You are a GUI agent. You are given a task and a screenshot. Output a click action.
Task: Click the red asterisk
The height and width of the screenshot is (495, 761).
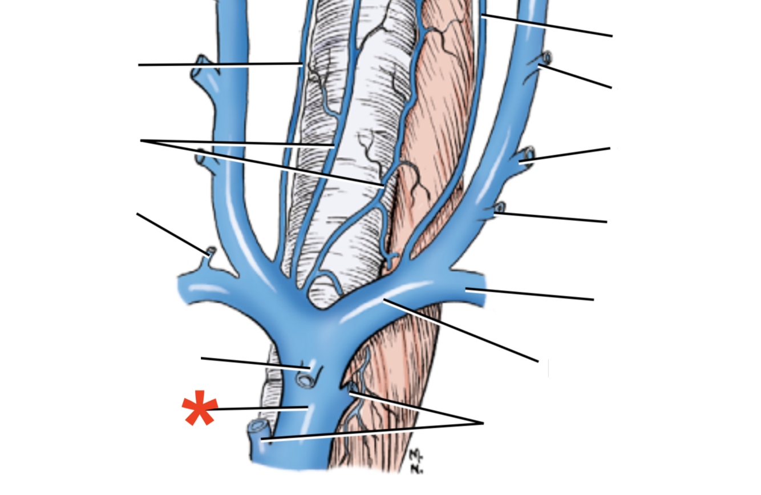coord(199,408)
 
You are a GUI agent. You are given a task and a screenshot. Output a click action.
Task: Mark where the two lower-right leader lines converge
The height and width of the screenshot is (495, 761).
coord(483,423)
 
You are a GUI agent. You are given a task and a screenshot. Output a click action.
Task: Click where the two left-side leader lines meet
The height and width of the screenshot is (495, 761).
coord(141,140)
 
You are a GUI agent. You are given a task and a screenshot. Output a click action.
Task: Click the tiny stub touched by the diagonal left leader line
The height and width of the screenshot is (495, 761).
coord(211,252)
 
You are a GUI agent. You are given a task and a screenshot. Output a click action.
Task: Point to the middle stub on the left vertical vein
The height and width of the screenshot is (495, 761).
coord(201,155)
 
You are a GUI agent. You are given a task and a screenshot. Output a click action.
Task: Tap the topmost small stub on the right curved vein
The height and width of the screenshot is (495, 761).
coord(547,58)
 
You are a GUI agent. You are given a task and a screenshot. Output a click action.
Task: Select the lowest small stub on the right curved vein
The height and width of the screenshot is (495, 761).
coord(500,207)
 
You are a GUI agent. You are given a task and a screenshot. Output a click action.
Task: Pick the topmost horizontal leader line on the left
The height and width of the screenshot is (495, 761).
coord(220,65)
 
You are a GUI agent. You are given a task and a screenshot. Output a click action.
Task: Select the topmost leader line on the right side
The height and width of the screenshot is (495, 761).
coord(548,26)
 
